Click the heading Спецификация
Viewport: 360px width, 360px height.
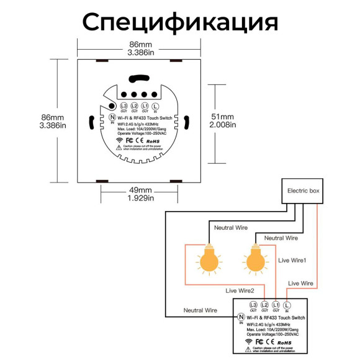(180, 22)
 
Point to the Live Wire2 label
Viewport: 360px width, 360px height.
(239, 290)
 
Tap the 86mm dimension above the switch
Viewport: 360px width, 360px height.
(140, 45)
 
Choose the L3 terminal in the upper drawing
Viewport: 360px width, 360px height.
(124, 107)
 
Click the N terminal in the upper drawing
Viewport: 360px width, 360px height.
(112, 117)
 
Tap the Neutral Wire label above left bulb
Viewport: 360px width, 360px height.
(231, 228)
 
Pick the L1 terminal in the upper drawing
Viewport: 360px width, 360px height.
(145, 107)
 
